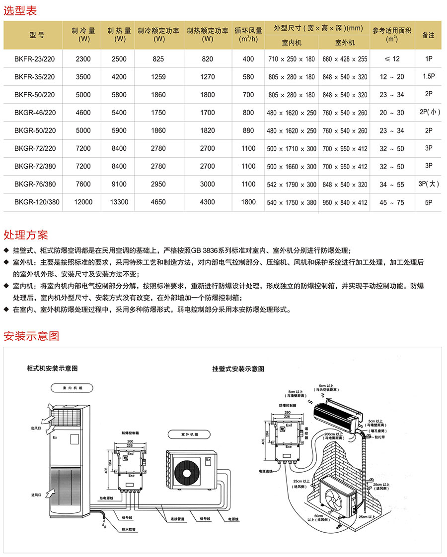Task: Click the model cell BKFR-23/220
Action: tap(35, 59)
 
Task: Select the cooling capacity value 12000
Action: tap(83, 202)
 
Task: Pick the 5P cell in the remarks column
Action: tap(429, 202)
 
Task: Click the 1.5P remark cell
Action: tap(429, 77)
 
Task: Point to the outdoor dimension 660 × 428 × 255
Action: tap(345, 59)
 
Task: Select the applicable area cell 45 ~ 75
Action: tap(392, 202)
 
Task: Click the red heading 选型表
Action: tap(20, 10)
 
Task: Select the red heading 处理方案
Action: tap(26, 234)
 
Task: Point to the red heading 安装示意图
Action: tap(31, 336)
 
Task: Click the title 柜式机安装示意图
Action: tap(53, 369)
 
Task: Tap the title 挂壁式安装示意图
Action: tap(238, 369)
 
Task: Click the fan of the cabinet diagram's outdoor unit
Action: tap(187, 468)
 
